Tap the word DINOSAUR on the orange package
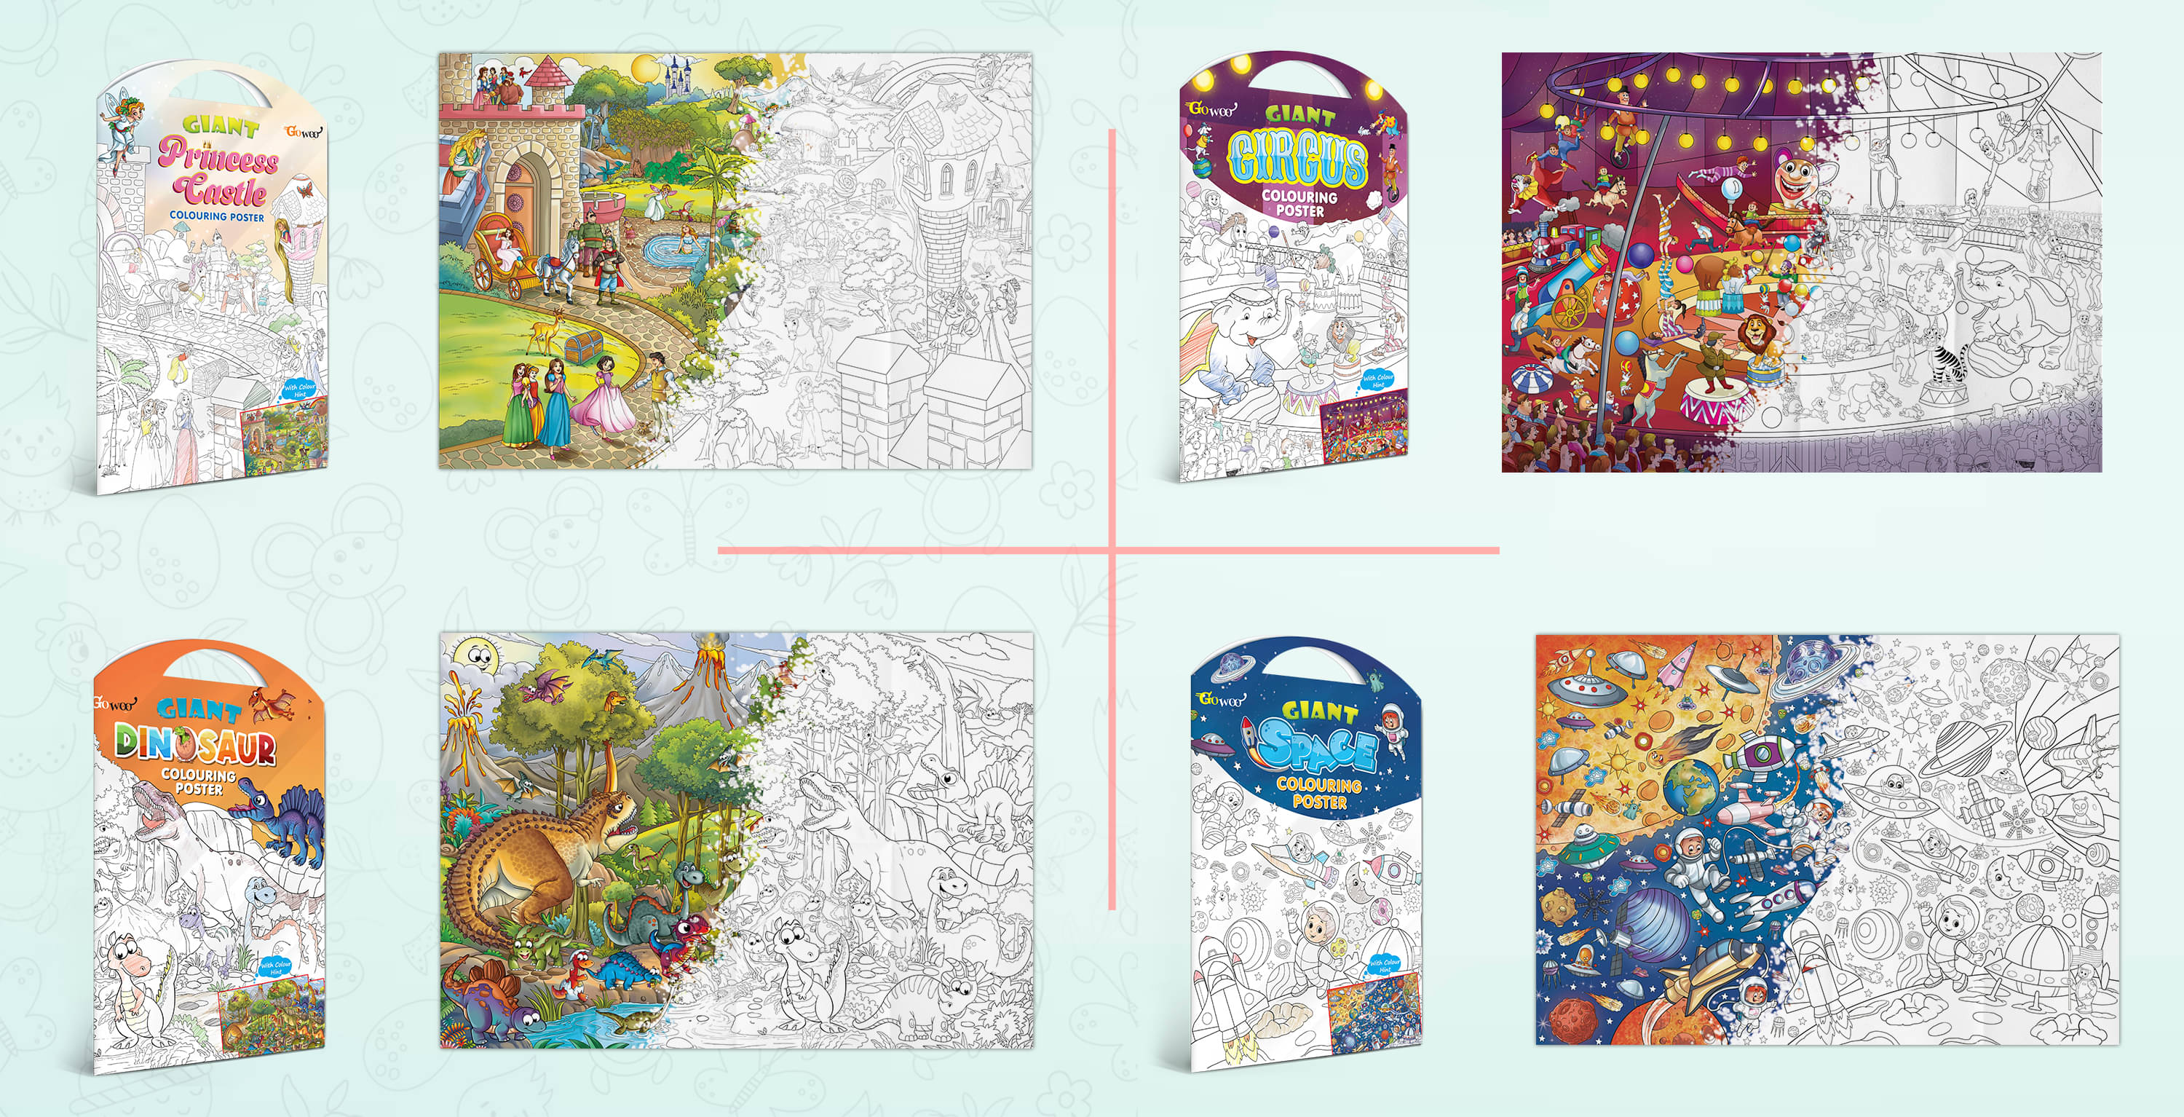click(x=196, y=745)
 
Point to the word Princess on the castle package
click(x=218, y=156)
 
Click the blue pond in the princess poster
click(x=670, y=249)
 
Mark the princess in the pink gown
click(x=603, y=395)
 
